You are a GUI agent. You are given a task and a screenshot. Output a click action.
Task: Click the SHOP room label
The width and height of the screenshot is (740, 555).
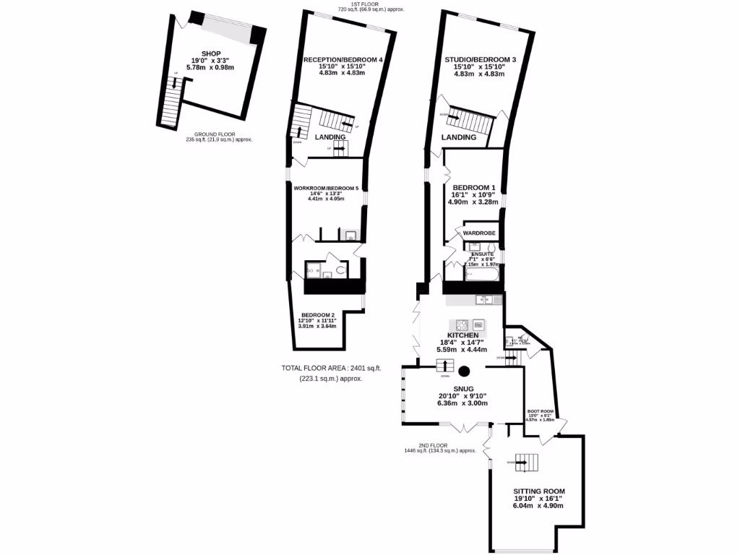coord(210,53)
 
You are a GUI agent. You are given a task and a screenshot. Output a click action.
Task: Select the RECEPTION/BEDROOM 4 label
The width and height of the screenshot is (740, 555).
coord(343,59)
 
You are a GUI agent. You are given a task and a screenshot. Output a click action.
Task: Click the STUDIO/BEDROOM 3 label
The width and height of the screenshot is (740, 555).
coord(480,59)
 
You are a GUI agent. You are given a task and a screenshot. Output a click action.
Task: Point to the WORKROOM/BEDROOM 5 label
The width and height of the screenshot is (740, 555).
coord(326,189)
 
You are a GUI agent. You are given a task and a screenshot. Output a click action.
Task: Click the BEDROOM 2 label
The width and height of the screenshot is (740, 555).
coord(318,315)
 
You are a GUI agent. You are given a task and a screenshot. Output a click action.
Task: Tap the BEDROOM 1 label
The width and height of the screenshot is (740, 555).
coord(474,186)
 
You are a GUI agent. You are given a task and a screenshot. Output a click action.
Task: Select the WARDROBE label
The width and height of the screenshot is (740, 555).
coord(478,233)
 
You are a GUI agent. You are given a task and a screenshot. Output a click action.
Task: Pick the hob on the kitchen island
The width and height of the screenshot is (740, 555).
coord(460,324)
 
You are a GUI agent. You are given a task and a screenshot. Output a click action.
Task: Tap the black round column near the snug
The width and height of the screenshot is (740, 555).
coord(465,371)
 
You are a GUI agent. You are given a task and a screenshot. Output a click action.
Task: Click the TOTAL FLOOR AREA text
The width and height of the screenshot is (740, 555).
coord(331,368)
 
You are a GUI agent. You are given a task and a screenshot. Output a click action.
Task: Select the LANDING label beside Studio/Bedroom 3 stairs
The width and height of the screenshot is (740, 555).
coord(460,137)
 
